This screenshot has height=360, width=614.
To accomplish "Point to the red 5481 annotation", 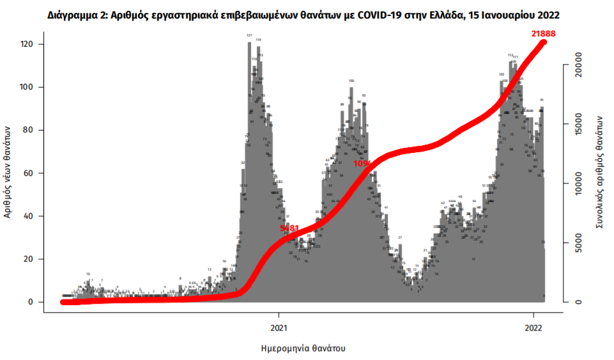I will click(x=290, y=228).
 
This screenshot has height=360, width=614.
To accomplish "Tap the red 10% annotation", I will click(x=362, y=164).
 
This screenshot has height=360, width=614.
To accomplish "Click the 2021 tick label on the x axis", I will click(x=279, y=329).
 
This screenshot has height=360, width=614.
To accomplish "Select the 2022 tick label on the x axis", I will click(x=534, y=329).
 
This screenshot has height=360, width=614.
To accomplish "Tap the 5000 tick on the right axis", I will click(x=577, y=243).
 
